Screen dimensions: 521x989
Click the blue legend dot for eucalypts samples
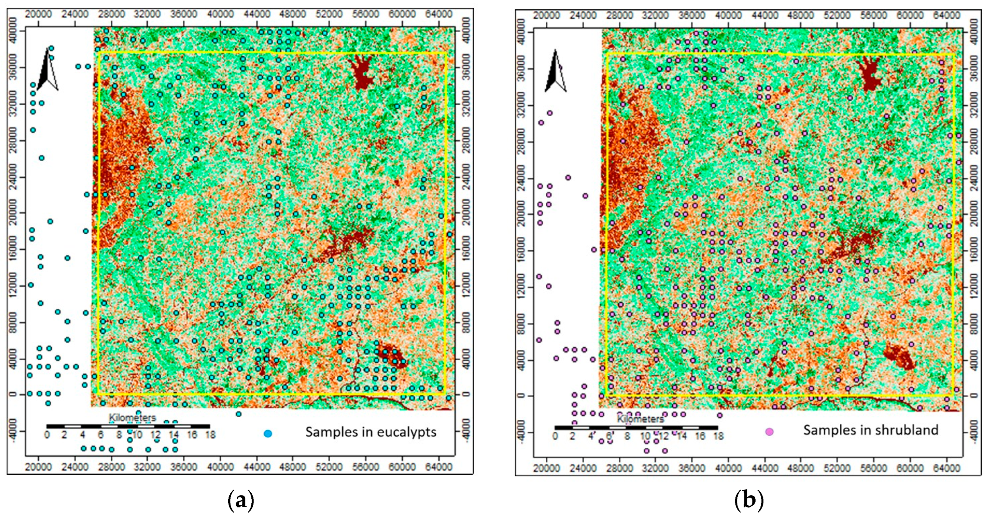click(268, 434)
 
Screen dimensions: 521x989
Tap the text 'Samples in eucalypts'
click(371, 432)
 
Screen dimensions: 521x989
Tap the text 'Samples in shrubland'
click(871, 430)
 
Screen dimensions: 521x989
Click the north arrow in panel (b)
click(556, 71)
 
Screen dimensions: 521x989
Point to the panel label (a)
click(241, 501)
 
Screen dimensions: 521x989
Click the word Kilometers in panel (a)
click(132, 418)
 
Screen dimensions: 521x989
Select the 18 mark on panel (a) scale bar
click(210, 435)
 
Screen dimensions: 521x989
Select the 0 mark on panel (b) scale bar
click(555, 436)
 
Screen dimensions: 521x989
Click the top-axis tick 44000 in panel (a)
click(256, 14)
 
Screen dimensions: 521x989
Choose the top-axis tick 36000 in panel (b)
click(692, 15)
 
